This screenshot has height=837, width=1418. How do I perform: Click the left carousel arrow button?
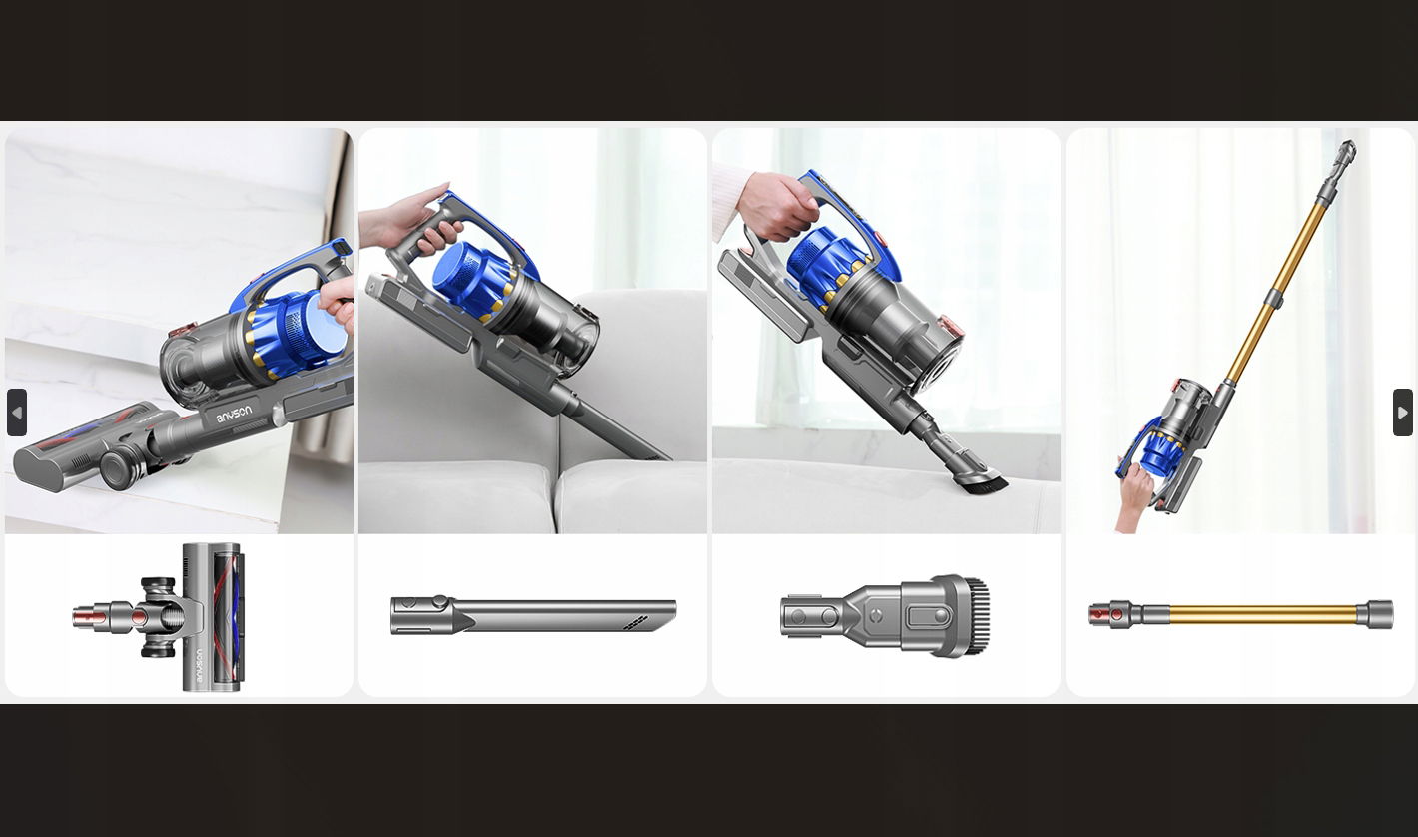[17, 413]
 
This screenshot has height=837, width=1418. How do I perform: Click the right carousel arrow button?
[1402, 413]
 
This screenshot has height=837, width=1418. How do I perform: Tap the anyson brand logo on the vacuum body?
[234, 414]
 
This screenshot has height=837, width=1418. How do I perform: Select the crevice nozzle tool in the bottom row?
[533, 615]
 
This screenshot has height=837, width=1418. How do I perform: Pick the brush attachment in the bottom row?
[885, 615]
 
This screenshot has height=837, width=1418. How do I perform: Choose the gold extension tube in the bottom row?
[1240, 614]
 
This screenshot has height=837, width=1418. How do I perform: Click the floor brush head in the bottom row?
[158, 616]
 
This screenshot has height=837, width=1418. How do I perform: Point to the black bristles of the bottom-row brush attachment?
[978, 615]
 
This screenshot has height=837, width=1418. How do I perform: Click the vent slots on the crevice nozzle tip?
[635, 623]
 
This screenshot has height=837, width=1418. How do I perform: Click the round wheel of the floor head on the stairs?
[119, 469]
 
